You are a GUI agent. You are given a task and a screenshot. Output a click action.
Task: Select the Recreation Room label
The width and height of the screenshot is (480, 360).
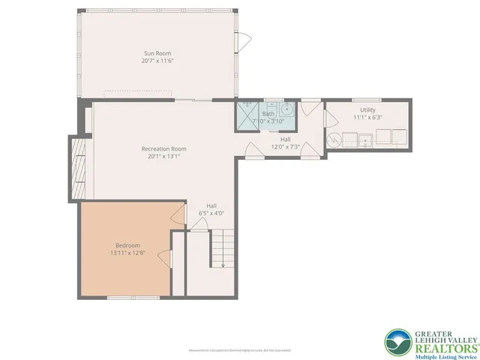163,148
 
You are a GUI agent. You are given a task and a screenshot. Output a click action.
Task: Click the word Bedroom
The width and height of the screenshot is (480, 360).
127,245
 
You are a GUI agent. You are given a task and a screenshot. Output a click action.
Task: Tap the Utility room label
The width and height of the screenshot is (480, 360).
367,109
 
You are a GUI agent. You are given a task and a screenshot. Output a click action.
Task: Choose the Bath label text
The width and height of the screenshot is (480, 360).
268,113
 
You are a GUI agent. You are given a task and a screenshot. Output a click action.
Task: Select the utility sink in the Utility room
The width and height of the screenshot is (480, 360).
365,139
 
